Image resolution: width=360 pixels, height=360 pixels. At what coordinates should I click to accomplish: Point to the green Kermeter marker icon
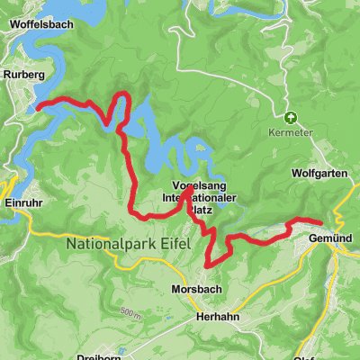coord(290,117)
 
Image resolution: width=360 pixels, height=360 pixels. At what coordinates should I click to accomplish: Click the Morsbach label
coord(195,290)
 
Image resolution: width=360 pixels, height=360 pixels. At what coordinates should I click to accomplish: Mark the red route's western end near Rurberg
coord(39,107)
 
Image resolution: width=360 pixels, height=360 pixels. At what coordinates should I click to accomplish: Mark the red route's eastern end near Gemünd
coord(321,222)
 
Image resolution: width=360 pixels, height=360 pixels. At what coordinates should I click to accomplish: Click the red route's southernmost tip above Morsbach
coord(209,265)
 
